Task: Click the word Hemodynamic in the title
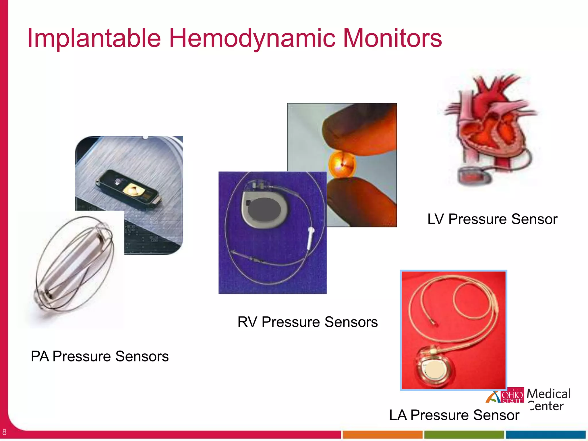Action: [x=252, y=39]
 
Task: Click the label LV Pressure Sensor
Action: [x=492, y=219]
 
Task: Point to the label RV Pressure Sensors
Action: [x=307, y=322]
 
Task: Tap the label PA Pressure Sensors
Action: [x=100, y=356]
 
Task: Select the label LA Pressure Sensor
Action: [x=454, y=415]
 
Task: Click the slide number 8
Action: [x=4, y=432]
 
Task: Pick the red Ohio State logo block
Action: [x=512, y=395]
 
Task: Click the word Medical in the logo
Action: [x=548, y=394]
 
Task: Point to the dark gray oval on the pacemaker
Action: [x=264, y=209]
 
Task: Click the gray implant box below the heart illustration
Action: [x=473, y=176]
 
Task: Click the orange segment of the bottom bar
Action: [x=382, y=434]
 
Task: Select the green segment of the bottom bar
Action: [x=464, y=434]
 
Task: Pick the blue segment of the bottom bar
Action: [x=546, y=434]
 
